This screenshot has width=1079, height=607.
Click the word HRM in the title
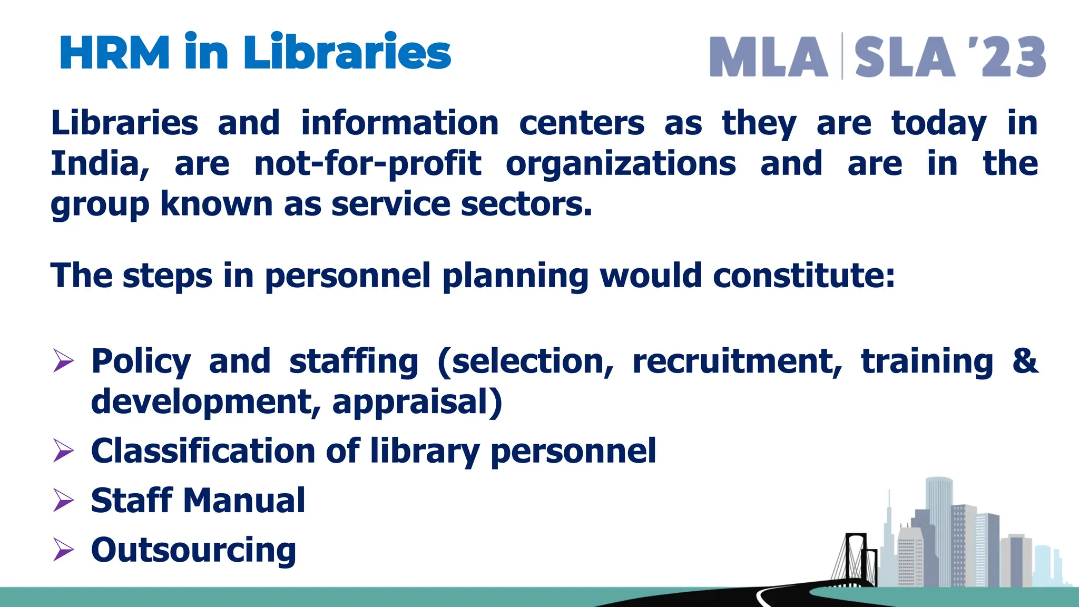click(x=115, y=53)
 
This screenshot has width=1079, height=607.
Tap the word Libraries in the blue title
click(x=347, y=53)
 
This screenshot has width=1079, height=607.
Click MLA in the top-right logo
click(x=769, y=57)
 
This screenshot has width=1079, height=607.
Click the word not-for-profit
click(x=368, y=164)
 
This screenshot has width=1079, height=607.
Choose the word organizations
click(x=621, y=164)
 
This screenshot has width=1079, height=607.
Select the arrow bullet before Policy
click(x=63, y=362)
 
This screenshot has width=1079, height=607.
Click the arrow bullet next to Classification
click(x=63, y=452)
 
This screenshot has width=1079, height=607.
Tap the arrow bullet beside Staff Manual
click(x=63, y=501)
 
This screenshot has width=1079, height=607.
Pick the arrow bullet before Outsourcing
click(x=63, y=550)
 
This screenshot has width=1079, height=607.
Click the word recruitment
click(x=737, y=362)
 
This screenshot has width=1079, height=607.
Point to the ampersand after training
click(x=1025, y=361)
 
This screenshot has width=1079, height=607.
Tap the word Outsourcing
click(x=193, y=550)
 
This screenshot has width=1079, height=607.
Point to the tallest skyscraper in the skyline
click(x=938, y=527)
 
